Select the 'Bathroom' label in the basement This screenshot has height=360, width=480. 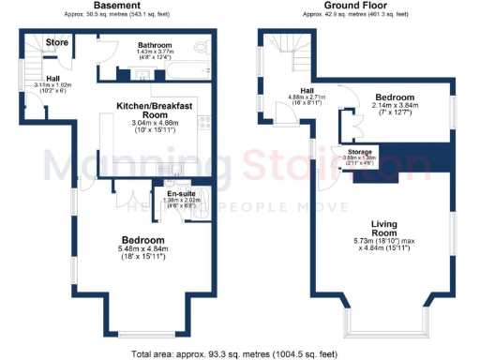153,44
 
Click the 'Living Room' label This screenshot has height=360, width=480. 384,228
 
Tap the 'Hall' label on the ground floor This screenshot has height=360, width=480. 306,90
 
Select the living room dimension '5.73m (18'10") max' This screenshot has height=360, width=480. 384,241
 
